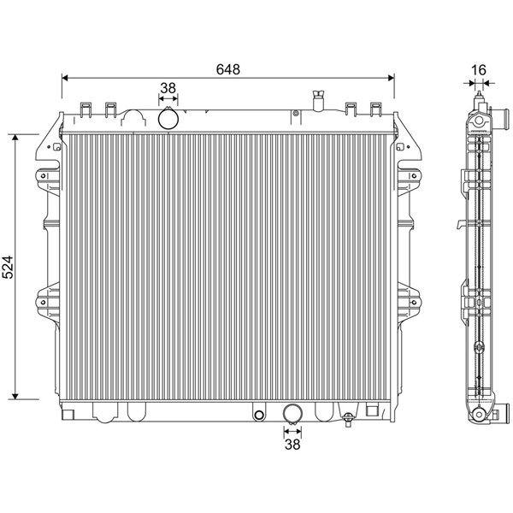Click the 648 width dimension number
(x=228, y=69)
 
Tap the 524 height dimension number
(x=8, y=267)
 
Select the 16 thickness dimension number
(x=479, y=70)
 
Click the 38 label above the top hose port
(x=168, y=88)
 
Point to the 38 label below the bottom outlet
(x=292, y=445)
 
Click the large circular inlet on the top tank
(x=168, y=120)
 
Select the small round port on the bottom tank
(x=259, y=415)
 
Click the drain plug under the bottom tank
(x=348, y=419)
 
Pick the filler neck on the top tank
(x=319, y=100)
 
